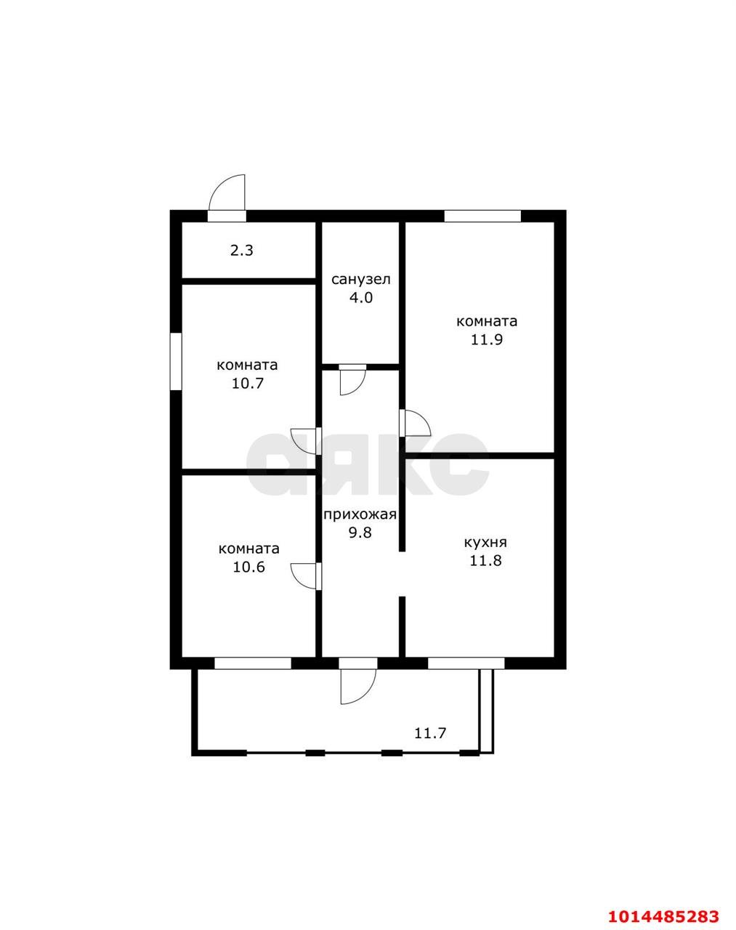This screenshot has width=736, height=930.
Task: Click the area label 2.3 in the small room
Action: point(242,250)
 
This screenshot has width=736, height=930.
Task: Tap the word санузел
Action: point(361,280)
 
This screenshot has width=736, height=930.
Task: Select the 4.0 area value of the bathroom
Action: point(361,298)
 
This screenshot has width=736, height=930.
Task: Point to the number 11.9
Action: point(487,340)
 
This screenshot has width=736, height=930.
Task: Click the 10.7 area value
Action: point(248,384)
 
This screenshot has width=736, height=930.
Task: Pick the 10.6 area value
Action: point(248,567)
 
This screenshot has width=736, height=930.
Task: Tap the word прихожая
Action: point(360,514)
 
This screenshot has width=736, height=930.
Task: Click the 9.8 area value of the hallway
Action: point(360,533)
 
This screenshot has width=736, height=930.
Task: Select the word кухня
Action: point(485,543)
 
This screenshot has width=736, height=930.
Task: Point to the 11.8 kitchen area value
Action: point(485,560)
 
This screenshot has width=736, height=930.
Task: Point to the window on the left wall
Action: point(176,361)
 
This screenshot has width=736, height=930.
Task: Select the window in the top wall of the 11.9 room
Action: point(482,216)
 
